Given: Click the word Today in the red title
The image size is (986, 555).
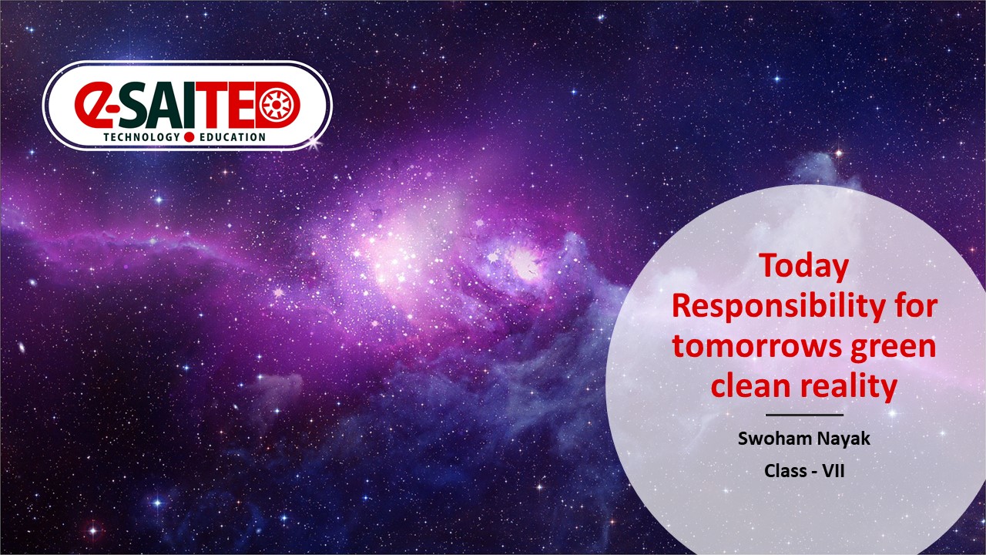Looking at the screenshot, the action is (x=804, y=267).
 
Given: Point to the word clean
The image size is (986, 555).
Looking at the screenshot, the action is (x=751, y=385).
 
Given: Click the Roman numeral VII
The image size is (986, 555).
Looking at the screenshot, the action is (x=833, y=471).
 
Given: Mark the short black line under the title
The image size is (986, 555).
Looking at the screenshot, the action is (x=804, y=415).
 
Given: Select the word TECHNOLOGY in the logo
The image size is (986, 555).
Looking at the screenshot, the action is (x=142, y=137).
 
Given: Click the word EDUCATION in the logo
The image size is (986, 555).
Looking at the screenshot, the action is (x=233, y=137).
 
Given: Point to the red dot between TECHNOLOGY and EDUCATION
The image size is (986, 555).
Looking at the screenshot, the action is (x=189, y=137).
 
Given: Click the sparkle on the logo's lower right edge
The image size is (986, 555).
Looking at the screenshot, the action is (x=314, y=143).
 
